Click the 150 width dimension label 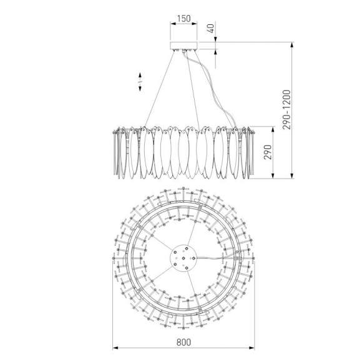click(183, 19)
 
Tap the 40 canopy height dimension click(211, 28)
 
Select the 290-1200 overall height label click(286, 110)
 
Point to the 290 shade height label click(268, 152)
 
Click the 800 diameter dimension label click(183, 343)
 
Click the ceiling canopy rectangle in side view click(183, 46)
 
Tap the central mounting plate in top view click(183, 258)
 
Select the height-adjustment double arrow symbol click(140, 82)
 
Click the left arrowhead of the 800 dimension click(115, 348)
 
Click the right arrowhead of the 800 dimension click(252, 348)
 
